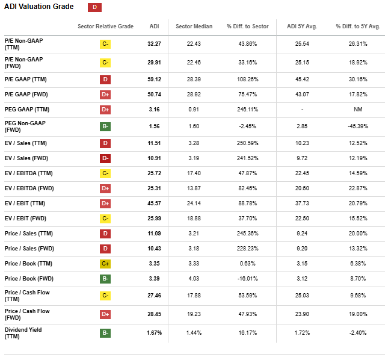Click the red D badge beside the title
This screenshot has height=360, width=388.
pos(95,7)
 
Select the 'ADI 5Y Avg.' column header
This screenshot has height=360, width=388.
pos(302,26)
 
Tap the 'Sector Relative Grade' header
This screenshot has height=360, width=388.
pos(105,26)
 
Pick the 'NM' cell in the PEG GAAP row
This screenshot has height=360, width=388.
pos(358,109)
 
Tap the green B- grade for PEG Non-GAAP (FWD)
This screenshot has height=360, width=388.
pos(105,126)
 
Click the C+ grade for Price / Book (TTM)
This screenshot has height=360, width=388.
pos(105,263)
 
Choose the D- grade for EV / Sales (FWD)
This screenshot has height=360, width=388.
pos(105,158)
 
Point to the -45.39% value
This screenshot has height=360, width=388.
pos(358,126)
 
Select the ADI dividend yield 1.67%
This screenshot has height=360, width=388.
pos(155,332)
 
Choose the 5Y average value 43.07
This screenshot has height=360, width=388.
pos(302,94)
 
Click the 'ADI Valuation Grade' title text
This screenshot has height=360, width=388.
pos(39,7)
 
